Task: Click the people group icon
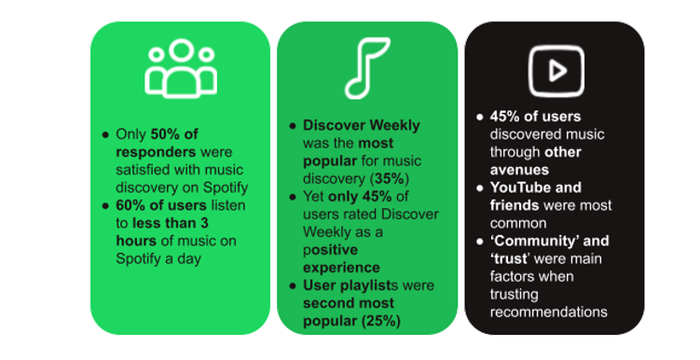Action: tap(180, 68)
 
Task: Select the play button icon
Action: tap(554, 67)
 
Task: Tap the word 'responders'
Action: tap(151, 152)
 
